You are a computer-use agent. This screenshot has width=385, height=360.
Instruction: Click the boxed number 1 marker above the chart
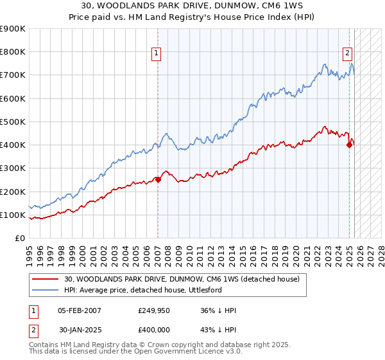(157, 54)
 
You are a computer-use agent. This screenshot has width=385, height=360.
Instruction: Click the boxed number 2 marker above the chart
(347, 54)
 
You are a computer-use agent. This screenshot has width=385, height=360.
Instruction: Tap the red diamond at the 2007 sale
(158, 180)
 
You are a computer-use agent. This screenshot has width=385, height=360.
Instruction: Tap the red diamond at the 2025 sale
(349, 145)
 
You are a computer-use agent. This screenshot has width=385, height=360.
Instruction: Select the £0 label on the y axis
(19, 239)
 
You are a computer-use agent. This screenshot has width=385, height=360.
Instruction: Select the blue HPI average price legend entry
(151, 290)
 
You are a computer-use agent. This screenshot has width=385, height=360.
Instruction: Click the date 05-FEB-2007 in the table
(79, 310)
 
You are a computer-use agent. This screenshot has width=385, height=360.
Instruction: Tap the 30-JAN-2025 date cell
(79, 328)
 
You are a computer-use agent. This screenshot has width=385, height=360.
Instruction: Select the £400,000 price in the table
(154, 328)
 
